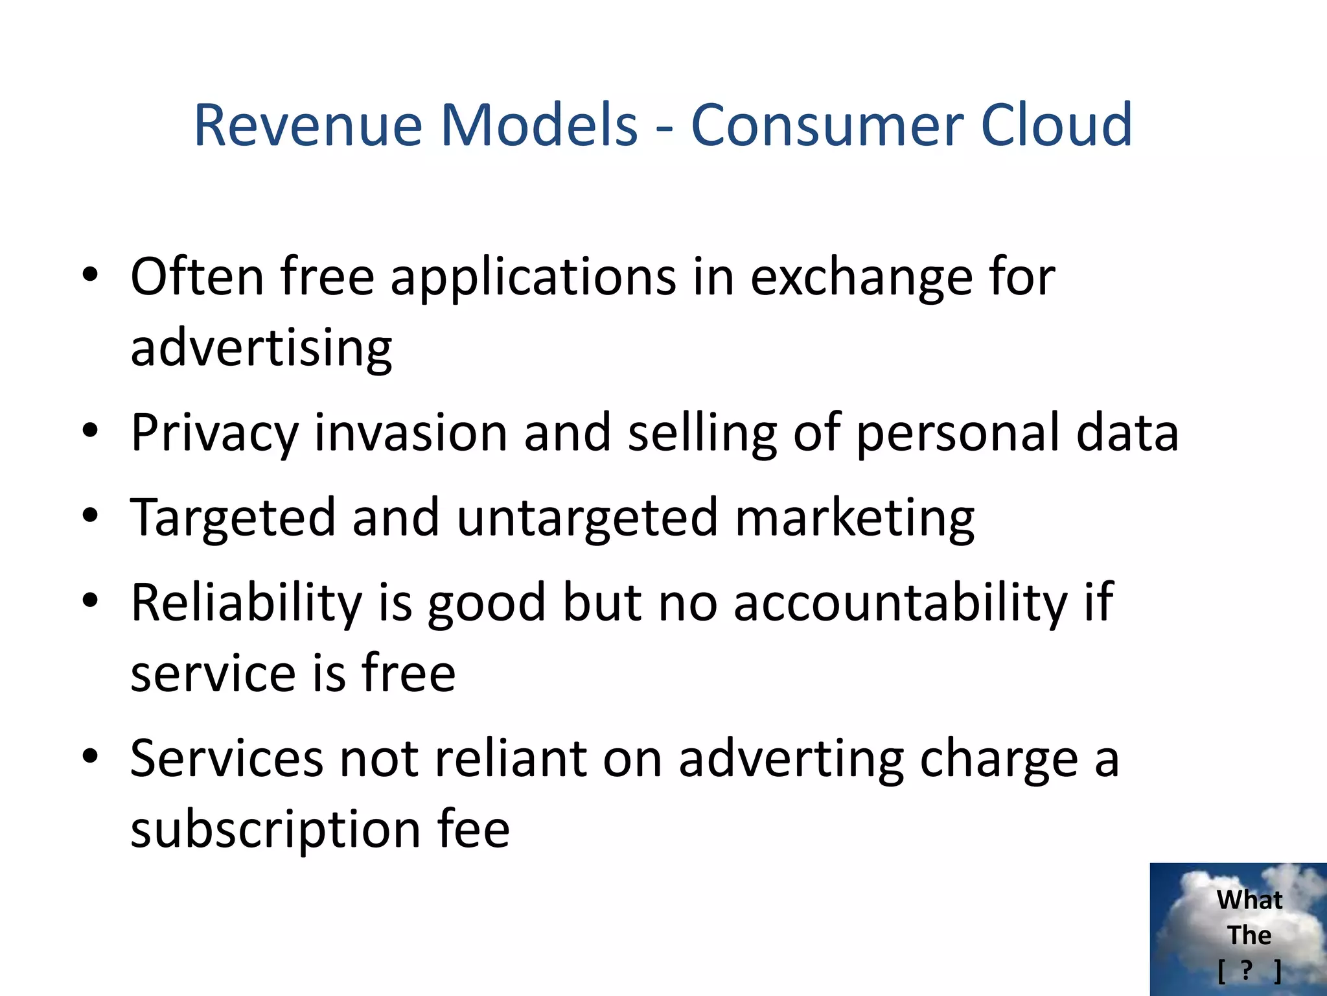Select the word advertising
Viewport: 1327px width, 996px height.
click(261, 348)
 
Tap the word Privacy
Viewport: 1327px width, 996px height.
click(214, 433)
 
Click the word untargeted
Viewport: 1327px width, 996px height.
click(587, 518)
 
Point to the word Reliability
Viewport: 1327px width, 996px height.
click(246, 603)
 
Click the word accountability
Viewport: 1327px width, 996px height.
click(900, 603)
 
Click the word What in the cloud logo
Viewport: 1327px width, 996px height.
click(1249, 900)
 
